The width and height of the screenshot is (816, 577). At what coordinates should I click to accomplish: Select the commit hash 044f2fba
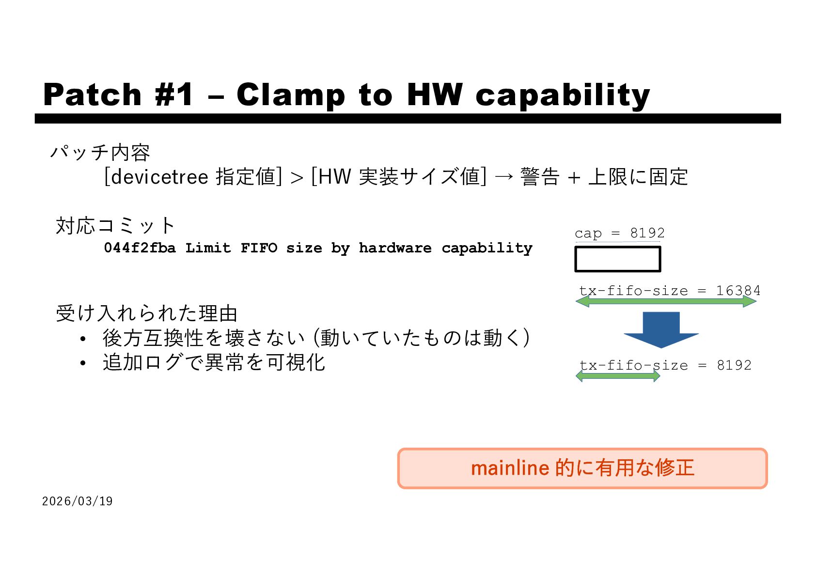point(140,248)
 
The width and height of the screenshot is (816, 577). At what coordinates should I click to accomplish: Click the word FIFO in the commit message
point(259,248)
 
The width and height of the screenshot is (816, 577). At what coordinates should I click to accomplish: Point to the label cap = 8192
point(619,233)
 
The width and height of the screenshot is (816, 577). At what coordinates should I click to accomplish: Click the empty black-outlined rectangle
point(617,259)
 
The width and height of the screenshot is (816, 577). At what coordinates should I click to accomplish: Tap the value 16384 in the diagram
point(738,291)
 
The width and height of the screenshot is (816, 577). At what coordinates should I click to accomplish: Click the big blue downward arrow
point(661,329)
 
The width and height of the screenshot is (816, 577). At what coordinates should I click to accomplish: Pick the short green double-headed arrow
point(618,376)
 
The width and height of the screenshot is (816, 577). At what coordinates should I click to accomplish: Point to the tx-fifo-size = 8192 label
point(665,365)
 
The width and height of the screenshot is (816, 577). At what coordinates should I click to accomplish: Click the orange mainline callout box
point(582,468)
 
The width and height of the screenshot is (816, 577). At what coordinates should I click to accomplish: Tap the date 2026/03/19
point(78,501)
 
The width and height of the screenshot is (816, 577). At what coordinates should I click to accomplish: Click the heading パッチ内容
point(100,153)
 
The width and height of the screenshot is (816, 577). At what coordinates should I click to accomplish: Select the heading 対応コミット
point(115,226)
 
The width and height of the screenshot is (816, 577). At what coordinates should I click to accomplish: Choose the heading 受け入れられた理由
point(147,313)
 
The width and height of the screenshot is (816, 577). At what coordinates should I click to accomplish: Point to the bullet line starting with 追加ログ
point(214,362)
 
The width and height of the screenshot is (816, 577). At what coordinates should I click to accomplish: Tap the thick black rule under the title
point(408,119)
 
